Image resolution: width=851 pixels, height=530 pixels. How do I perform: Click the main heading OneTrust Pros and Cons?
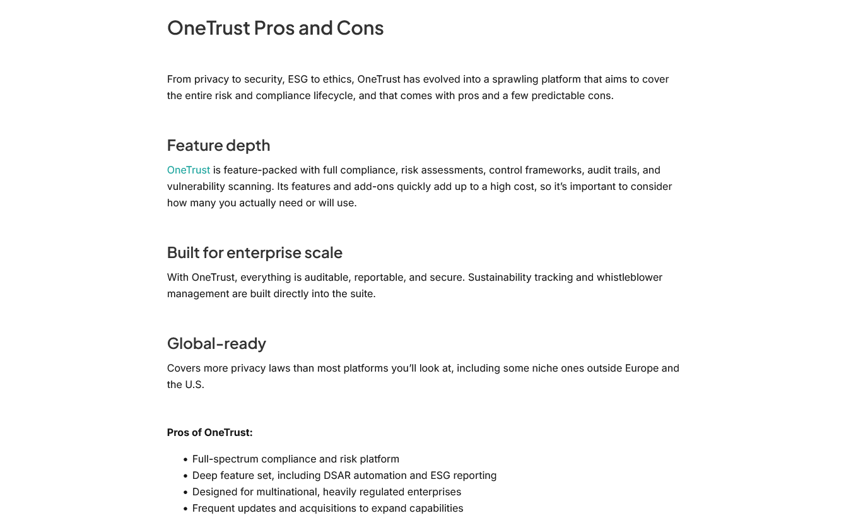pos(275,28)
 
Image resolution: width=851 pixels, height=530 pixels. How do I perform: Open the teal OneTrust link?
pos(188,170)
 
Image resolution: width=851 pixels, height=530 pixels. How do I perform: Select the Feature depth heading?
pos(218,145)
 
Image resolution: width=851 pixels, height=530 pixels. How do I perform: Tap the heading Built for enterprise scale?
pos(254,252)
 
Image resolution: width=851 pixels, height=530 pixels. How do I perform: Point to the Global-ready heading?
pos(216,343)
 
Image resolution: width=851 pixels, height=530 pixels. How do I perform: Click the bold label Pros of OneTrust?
pos(209,433)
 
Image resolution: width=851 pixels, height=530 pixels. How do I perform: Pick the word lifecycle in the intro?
pos(336,96)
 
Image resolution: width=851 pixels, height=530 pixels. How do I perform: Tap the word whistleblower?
pos(630,278)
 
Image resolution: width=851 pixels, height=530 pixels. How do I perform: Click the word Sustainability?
pos(500,278)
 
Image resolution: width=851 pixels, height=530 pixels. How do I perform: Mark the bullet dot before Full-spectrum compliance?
pos(185,460)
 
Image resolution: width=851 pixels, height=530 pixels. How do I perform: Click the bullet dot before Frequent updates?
pos(185,509)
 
